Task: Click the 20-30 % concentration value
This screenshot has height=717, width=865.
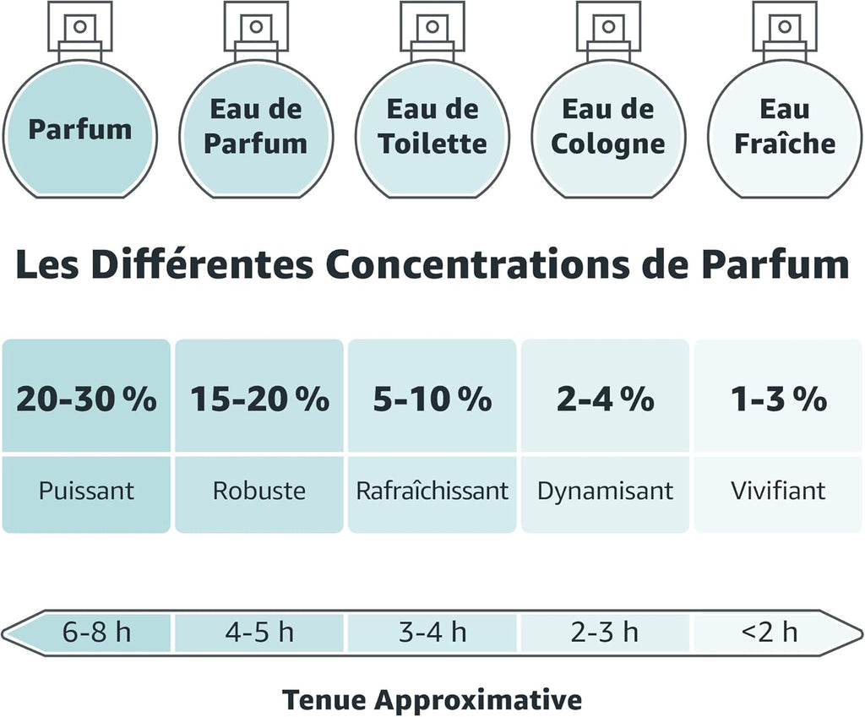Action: pos(87,399)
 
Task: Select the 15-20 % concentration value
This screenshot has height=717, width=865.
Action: pos(260,399)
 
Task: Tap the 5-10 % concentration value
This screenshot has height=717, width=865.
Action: pos(432,399)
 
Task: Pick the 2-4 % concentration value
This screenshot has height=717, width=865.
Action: pos(605,399)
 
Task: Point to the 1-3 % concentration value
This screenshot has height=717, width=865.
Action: pos(778,399)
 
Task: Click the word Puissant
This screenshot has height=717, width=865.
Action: pos(87,491)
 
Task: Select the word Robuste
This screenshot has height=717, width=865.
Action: pos(259,491)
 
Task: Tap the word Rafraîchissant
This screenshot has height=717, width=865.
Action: pos(432,491)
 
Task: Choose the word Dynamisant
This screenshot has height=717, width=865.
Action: pos(605,491)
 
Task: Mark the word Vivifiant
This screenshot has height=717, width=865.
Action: pos(778,491)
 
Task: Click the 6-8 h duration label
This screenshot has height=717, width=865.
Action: pos(96,632)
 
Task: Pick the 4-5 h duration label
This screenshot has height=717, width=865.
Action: pos(259,632)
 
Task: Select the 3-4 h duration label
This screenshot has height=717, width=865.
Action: pos(432,632)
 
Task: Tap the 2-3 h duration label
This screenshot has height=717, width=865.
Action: pos(605,632)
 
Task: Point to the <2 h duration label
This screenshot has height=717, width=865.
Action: pos(770,632)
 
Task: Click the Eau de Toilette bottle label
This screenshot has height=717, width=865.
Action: pos(432,127)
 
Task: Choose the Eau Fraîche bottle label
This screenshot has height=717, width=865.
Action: pos(785,127)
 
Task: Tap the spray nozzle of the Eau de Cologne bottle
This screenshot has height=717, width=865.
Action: pos(608,26)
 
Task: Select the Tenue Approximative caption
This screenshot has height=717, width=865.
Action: pos(432,700)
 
